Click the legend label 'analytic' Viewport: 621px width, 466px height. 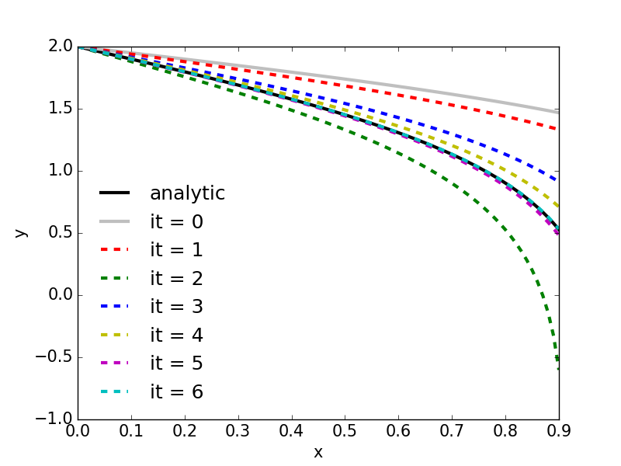187,193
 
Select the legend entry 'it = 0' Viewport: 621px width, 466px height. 176,222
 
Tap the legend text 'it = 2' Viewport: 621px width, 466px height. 176,279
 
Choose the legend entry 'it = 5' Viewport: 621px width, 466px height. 176,363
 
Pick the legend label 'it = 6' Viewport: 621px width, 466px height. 176,392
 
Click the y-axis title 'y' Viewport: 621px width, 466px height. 22,232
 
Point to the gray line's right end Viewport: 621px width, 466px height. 558,113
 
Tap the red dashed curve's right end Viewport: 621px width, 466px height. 558,129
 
